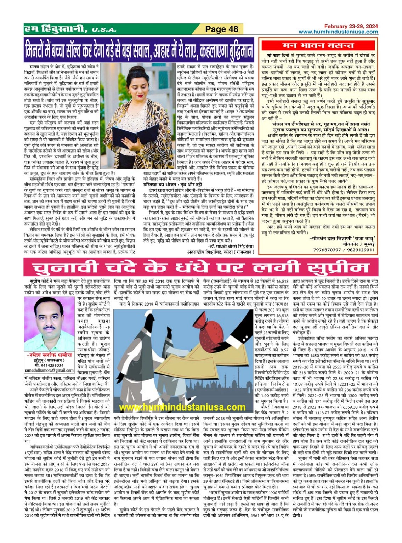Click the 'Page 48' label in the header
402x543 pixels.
pyautogui.click(x=222, y=29)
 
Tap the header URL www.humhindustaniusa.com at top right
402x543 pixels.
pyautogui.click(x=338, y=32)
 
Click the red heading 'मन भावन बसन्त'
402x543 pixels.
pyautogui.click(x=318, y=45)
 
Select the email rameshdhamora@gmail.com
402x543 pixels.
pyautogui.click(x=49, y=370)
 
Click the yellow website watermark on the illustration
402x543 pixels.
pyautogui.click(x=182, y=407)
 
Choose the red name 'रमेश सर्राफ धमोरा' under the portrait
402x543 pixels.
pyautogui.click(x=49, y=355)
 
